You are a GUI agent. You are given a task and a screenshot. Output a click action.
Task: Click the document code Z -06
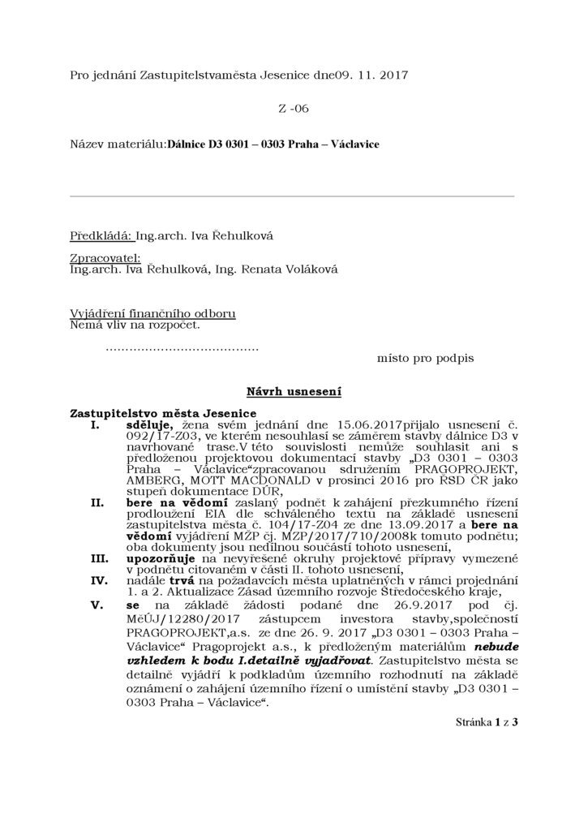(x=294, y=108)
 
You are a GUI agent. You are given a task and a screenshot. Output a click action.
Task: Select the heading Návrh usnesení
(x=294, y=392)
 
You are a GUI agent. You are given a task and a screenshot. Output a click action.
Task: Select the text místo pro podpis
(x=425, y=358)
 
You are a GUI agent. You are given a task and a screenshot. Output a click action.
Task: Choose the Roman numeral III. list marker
(x=98, y=559)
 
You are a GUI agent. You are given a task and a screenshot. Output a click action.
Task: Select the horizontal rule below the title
(x=292, y=196)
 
